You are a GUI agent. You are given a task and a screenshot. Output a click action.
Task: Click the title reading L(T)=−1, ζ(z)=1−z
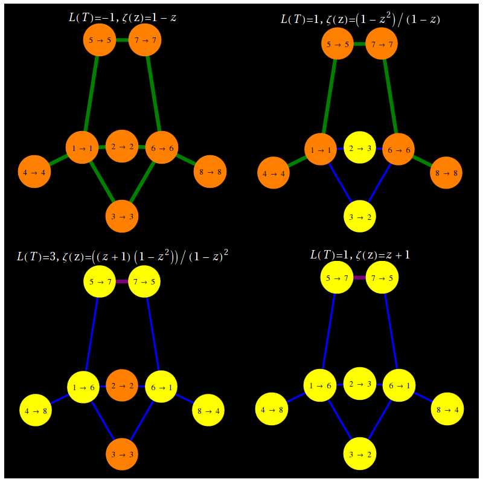click(123, 18)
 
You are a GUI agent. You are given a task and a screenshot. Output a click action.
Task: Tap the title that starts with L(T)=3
click(123, 255)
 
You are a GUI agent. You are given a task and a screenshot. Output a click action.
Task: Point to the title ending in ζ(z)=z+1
click(360, 254)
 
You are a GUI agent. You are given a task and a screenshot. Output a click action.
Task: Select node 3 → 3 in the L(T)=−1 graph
click(122, 216)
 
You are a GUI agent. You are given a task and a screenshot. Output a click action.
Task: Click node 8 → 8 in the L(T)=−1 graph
click(210, 172)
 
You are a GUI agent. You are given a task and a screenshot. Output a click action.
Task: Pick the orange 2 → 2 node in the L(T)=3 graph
click(122, 385)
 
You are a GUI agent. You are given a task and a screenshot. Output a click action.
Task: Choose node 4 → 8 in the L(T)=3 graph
click(36, 410)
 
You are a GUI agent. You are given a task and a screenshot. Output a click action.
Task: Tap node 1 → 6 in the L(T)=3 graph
click(83, 387)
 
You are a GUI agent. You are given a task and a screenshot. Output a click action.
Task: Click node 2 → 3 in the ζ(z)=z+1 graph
click(360, 384)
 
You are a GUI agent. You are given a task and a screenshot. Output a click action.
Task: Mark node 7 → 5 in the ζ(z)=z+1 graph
click(382, 278)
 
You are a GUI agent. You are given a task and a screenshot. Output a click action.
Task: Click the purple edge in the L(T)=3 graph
click(122, 281)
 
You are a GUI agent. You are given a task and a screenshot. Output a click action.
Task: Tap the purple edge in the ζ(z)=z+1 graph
click(360, 278)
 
